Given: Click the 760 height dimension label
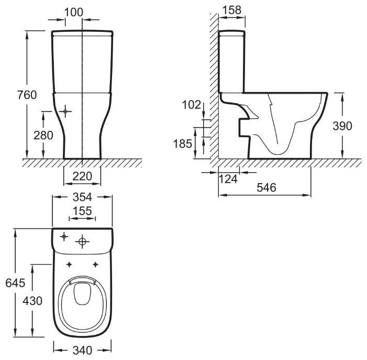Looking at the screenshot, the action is [27, 95].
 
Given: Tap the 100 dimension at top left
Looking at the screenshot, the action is [74, 12].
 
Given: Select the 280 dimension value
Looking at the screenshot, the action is [43, 135].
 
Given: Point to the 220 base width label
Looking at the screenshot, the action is [82, 176].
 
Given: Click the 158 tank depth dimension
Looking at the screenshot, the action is [232, 10].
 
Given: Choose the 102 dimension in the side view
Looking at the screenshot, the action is [192, 105].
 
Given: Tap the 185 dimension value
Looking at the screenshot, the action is [182, 143].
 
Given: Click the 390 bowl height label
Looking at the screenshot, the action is [342, 126].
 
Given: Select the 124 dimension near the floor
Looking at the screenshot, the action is [228, 179].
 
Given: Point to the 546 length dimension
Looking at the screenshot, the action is [266, 187].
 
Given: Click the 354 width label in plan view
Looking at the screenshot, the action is [82, 197].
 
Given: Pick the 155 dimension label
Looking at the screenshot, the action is [82, 211].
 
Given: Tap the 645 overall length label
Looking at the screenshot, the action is [15, 283].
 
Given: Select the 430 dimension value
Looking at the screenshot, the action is [32, 301].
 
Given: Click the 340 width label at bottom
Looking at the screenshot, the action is [82, 350].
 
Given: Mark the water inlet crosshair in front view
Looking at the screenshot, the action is [65, 111].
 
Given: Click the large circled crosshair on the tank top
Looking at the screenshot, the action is [82, 241].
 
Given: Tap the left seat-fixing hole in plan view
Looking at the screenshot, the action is [69, 265].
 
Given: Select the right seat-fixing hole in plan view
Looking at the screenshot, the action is [95, 265].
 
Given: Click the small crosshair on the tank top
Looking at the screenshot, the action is [64, 237].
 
